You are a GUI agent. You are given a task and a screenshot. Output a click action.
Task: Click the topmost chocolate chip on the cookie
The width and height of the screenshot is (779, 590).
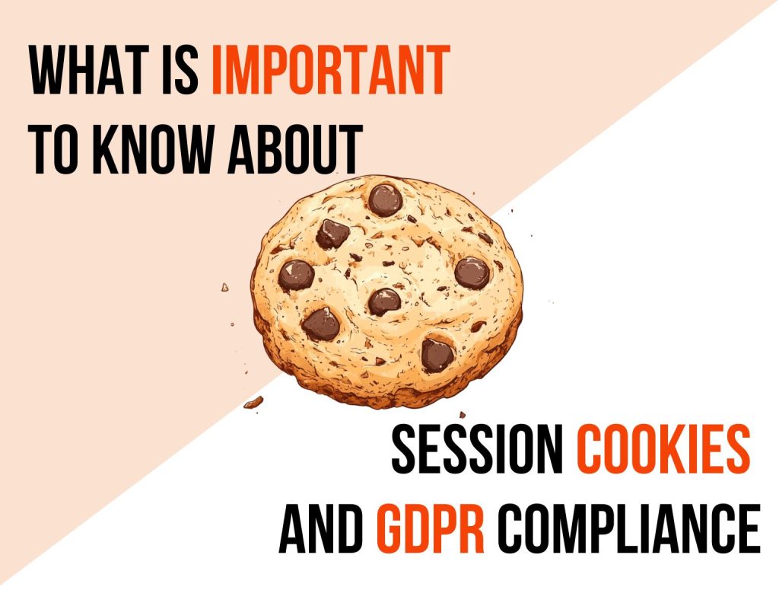386,199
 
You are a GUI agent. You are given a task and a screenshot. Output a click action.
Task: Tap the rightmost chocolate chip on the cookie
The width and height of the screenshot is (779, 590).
472,272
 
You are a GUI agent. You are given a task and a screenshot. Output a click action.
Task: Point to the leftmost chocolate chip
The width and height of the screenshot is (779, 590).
296,275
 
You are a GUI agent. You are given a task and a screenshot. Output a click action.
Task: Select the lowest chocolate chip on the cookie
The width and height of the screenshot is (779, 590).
437,353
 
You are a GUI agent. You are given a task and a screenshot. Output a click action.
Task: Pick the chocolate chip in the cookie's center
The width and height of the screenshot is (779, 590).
384,301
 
